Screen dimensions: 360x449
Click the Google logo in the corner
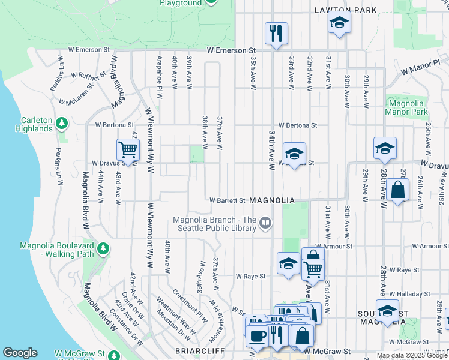[20, 353]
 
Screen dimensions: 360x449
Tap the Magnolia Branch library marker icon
[265, 224]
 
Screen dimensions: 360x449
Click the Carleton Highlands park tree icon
[61, 123]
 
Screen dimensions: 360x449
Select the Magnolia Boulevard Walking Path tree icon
[103, 248]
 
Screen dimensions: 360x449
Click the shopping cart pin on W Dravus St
[128, 149]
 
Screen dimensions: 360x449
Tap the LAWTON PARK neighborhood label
[346, 10]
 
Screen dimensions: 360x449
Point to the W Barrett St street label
[228, 200]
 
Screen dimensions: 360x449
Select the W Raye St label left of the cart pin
[250, 277]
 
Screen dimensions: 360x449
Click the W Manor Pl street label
[421, 66]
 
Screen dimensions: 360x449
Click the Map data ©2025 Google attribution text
[411, 355]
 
